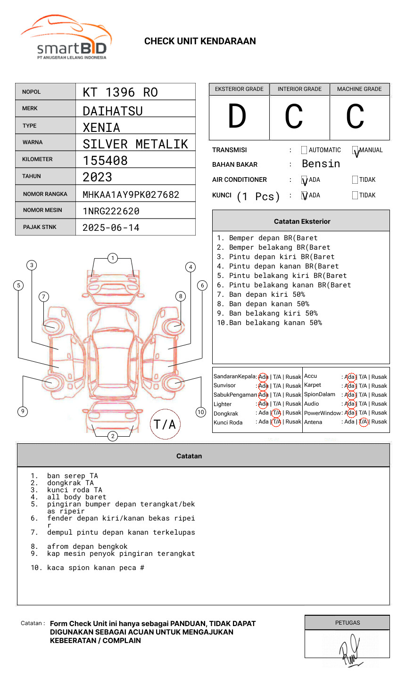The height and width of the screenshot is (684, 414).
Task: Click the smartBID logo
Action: [66, 38]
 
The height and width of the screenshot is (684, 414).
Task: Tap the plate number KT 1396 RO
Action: [120, 92]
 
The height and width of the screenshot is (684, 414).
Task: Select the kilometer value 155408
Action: [105, 161]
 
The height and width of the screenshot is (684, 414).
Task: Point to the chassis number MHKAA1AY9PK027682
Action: [131, 195]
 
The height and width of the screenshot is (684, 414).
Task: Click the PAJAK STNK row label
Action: [39, 227]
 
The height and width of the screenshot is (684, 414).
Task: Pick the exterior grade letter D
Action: [237, 117]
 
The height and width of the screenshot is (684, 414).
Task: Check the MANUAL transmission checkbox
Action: [355, 150]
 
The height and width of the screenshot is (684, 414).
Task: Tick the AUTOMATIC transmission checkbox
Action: [304, 150]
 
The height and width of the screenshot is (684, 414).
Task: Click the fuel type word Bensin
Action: [321, 164]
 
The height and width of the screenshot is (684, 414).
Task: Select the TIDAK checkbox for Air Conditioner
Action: [355, 180]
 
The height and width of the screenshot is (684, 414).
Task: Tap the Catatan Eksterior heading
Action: [302, 221]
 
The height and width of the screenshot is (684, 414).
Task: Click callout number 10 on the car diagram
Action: [201, 412]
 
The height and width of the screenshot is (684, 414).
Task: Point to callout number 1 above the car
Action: [112, 258]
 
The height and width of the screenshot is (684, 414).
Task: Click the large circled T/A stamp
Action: [165, 424]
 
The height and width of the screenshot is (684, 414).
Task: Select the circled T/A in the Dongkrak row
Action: [276, 413]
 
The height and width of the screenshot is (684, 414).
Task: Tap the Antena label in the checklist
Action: [313, 422]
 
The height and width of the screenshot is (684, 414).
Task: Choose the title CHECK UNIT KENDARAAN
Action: [200, 41]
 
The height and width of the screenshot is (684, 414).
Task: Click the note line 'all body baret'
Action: [76, 497]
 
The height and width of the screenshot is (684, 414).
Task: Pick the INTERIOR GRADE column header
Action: [299, 89]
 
